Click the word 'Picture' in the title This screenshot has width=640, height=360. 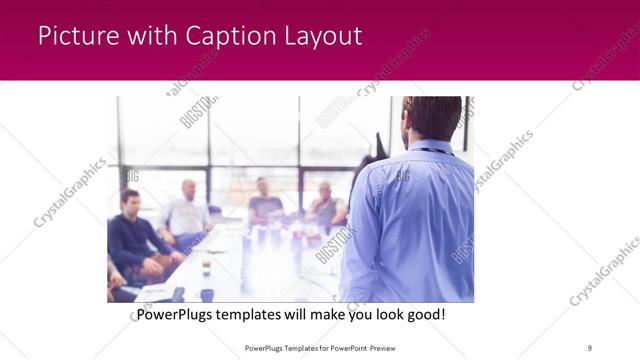[78, 37]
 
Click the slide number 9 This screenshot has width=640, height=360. [590, 347]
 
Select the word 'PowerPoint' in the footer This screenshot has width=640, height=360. [342, 347]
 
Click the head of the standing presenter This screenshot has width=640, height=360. [431, 118]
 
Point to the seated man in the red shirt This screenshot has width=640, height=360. [326, 205]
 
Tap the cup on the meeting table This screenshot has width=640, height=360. [206, 266]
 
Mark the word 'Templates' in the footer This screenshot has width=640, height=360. [287, 347]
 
